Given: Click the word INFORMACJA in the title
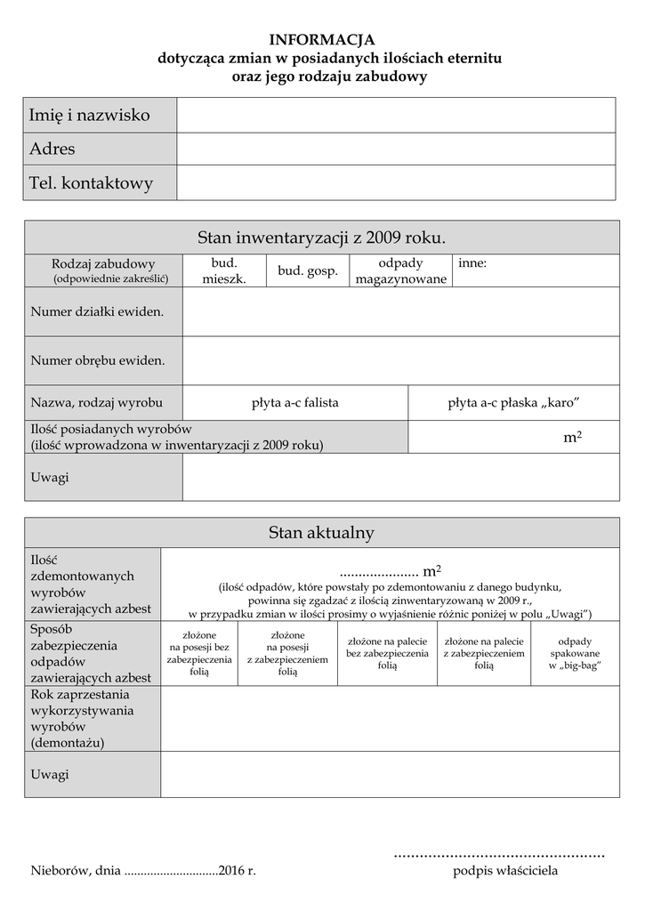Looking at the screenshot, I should click(322, 39).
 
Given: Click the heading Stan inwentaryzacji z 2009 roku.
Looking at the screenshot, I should click(321, 238).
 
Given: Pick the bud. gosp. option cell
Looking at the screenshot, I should click(308, 270).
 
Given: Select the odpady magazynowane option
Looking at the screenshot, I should click(400, 270).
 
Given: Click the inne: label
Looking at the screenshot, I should click(472, 263).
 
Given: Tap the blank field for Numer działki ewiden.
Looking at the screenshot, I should click(400, 311).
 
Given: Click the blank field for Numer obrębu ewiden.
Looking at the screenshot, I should click(400, 360).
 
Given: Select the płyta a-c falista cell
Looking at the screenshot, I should click(295, 402).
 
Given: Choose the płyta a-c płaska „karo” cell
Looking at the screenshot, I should click(513, 402).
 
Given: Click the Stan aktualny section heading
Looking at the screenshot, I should click(321, 532).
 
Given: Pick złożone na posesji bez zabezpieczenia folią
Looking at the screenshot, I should click(199, 654).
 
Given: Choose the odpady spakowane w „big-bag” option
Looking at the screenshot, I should click(575, 653).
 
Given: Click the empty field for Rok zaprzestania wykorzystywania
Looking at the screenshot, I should click(390, 718).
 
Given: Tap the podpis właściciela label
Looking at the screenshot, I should click(505, 870).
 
